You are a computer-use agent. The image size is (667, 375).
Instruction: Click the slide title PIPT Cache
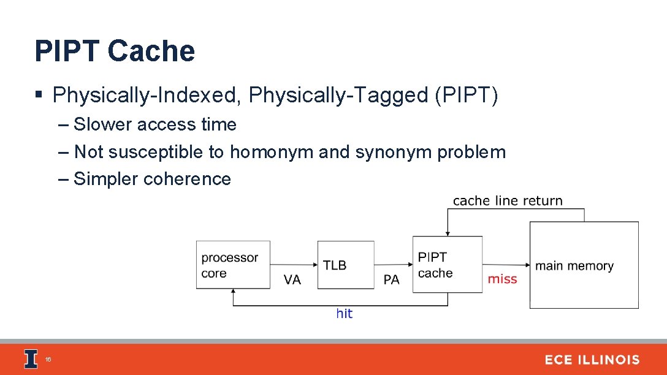115,51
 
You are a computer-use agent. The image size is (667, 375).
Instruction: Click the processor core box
233,265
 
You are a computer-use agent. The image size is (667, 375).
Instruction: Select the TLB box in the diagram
346,265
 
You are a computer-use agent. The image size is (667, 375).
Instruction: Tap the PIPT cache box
447,265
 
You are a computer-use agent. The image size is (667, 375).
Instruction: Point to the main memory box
584,265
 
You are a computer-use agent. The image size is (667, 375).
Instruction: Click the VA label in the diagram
292,279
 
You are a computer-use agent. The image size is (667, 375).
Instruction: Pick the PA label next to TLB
391,279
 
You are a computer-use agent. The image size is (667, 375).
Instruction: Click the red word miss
502,279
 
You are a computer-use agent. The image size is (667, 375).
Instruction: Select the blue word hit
345,314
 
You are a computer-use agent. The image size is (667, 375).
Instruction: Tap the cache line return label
508,200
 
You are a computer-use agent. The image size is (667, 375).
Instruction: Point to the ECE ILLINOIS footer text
592,360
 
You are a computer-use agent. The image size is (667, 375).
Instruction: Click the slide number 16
48,360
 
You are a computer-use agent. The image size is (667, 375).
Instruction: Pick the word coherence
187,179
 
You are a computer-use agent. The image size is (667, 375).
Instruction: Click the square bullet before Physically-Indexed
39,95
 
